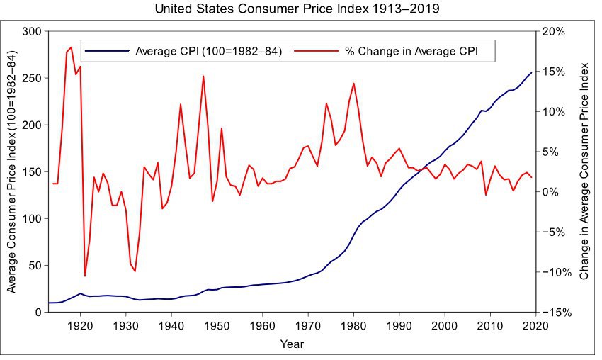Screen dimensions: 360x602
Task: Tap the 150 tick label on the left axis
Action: pyautogui.click(x=31, y=171)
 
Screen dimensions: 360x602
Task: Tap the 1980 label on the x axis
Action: pyautogui.click(x=353, y=325)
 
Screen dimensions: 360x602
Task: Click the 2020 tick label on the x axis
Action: pyautogui.click(x=535, y=325)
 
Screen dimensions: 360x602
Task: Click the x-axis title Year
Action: pyautogui.click(x=291, y=344)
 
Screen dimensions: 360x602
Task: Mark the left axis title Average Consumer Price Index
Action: pyautogui.click(x=12, y=172)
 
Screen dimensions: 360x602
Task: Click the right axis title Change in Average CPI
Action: pyautogui.click(x=584, y=172)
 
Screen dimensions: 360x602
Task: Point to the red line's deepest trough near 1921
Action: pyautogui.click(x=85, y=276)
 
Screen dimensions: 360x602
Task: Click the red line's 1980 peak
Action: pyautogui.click(x=353, y=84)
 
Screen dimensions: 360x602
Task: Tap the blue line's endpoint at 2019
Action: pyautogui.click(x=531, y=73)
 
